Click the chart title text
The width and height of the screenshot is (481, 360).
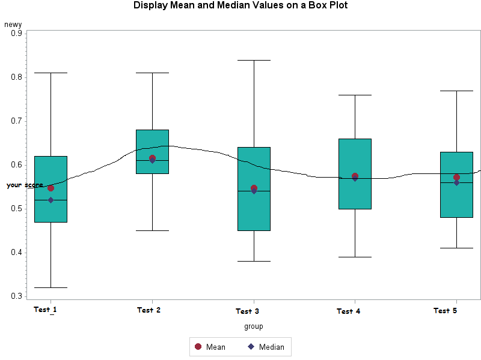(240, 6)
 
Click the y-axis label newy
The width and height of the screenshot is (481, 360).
(13, 25)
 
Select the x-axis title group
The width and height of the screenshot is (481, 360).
(253, 326)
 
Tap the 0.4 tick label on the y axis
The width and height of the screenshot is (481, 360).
(17, 252)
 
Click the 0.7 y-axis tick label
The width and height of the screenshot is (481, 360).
(17, 121)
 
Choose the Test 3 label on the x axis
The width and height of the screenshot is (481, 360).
(247, 311)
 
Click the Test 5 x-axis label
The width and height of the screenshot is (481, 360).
(446, 311)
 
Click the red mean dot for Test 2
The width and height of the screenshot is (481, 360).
(152, 158)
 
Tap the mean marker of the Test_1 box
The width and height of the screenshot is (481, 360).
(51, 188)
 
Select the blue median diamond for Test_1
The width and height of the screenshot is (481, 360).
(51, 200)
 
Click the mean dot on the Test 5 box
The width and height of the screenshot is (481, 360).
(457, 177)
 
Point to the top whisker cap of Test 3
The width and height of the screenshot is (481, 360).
(254, 60)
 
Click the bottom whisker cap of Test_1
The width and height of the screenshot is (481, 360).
(51, 288)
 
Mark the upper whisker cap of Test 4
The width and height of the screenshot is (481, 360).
(355, 95)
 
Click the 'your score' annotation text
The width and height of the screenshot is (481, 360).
(25, 185)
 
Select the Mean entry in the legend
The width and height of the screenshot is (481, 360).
(210, 347)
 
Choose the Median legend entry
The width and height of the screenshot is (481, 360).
(265, 347)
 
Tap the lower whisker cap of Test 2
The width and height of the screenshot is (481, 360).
(152, 230)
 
